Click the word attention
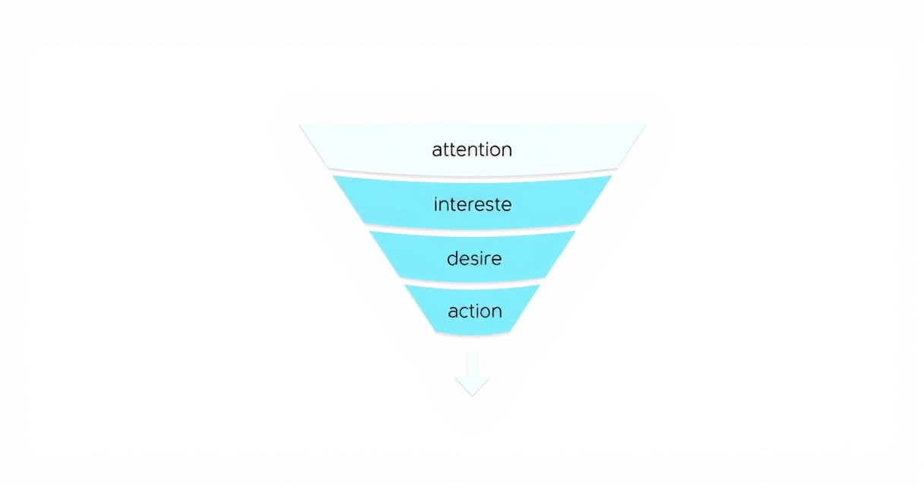click(x=472, y=150)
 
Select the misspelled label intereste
click(x=473, y=204)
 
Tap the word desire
click(x=474, y=258)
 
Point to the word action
click(x=475, y=311)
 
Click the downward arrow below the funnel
click(x=473, y=374)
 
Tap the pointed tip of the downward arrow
click(x=473, y=396)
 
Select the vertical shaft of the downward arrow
click(x=473, y=364)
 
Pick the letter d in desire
click(x=453, y=258)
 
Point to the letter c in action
click(x=465, y=312)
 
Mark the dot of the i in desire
click(x=484, y=252)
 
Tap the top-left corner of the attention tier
click(x=299, y=124)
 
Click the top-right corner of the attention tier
click(x=646, y=124)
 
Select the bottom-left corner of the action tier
click(x=436, y=332)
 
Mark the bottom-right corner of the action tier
click(x=510, y=332)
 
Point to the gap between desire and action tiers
click(x=473, y=282)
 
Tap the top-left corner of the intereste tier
click(x=334, y=176)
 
